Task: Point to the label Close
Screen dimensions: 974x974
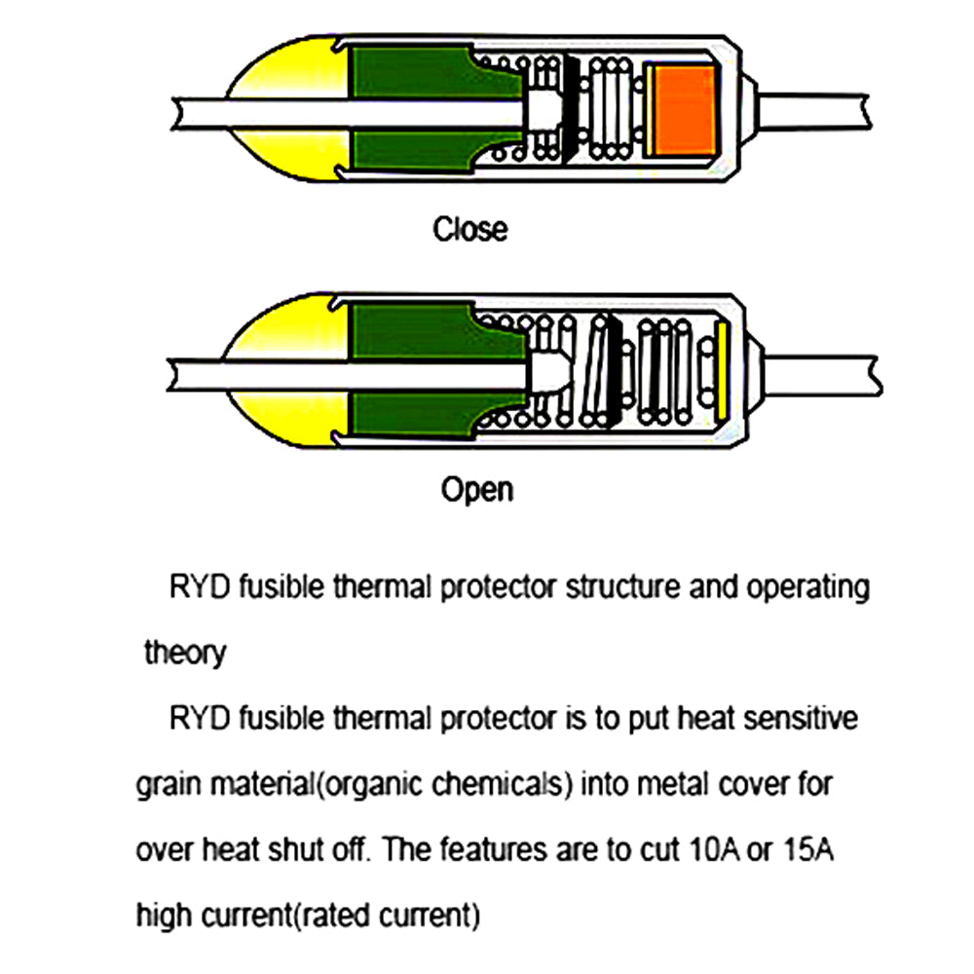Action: (469, 230)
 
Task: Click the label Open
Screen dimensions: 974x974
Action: (476, 488)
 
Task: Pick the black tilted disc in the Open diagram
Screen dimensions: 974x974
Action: (612, 371)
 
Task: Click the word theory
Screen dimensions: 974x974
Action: (184, 652)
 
